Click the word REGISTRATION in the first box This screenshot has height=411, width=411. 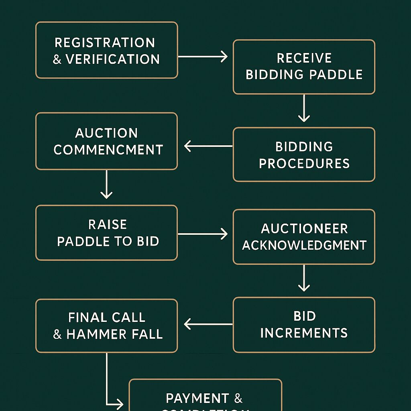pyautogui.click(x=105, y=43)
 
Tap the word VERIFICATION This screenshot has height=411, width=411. pyautogui.click(x=113, y=59)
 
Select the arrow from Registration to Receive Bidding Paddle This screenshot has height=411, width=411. pyautogui.click(x=203, y=57)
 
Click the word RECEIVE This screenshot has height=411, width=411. pyautogui.click(x=304, y=58)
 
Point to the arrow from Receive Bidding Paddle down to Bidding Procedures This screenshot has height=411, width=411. pyautogui.click(x=304, y=108)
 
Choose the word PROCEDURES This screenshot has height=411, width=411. pyautogui.click(x=304, y=164)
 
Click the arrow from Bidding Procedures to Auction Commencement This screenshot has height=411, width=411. pyautogui.click(x=208, y=146)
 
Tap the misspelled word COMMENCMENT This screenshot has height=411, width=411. pyautogui.click(x=108, y=150)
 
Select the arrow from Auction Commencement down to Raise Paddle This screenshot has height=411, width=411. pyautogui.click(x=106, y=184)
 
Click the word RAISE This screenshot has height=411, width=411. pyautogui.click(x=108, y=224)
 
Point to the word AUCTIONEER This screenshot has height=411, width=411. pyautogui.click(x=304, y=229)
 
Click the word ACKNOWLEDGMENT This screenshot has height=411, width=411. pyautogui.click(x=304, y=245)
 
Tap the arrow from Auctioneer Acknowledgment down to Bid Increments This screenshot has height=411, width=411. pyautogui.click(x=304, y=278)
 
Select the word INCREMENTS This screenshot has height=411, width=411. pyautogui.click(x=304, y=333)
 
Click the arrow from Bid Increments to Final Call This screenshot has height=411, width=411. pyautogui.click(x=208, y=324)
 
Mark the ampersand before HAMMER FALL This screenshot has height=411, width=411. pyautogui.click(x=57, y=335)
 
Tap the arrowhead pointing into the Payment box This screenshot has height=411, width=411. pyautogui.click(x=119, y=403)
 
